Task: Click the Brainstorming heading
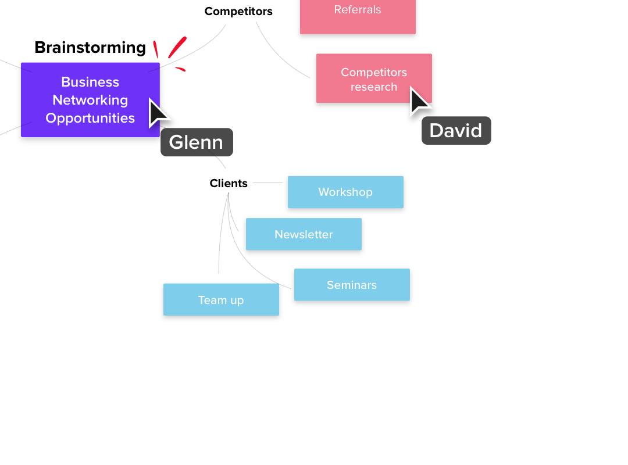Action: (90, 48)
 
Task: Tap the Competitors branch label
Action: (238, 11)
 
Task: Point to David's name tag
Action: (456, 131)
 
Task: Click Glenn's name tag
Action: (197, 142)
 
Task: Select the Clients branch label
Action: (229, 184)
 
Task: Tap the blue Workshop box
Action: (345, 192)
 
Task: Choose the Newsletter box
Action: (304, 235)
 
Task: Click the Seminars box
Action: (352, 285)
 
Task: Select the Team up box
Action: (221, 301)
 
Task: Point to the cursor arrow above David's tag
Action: (419, 101)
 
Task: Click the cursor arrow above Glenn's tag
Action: (156, 112)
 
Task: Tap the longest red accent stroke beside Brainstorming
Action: (177, 48)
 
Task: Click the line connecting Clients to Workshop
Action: (267, 183)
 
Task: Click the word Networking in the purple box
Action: (90, 100)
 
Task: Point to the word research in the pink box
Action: (374, 87)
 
